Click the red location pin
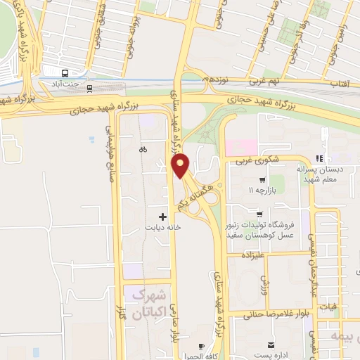point(181,165)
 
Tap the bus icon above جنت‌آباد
point(65,72)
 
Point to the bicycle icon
point(143,148)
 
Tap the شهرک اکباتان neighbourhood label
point(148,300)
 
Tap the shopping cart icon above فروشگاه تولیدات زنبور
point(261,214)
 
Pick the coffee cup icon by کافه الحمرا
point(200,346)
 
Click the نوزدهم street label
point(214,80)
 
